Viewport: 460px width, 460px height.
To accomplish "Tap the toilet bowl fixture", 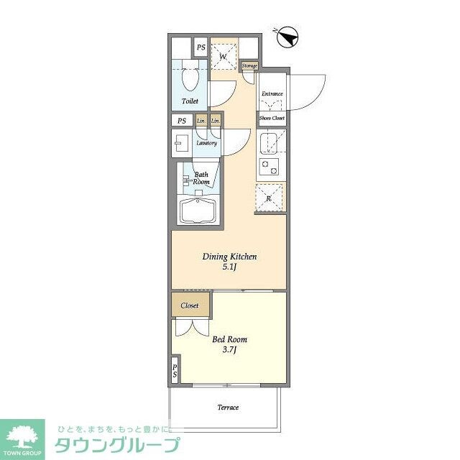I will coord(191,78).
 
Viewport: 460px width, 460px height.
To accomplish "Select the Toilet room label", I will coord(190,101).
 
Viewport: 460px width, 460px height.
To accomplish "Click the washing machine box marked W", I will coord(224,57).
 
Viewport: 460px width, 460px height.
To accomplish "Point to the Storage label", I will coord(249,65).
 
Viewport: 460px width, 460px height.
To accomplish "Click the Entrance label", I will coord(272,93).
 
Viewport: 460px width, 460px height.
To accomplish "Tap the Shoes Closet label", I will coord(272,117).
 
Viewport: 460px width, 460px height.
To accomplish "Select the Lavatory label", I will coord(207,142).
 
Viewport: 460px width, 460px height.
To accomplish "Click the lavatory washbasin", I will coord(180,142).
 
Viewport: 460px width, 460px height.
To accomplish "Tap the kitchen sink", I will coord(269,142).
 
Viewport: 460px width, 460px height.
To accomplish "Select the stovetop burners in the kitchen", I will coord(270,167).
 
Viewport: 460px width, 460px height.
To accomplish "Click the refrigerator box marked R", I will coord(270,198).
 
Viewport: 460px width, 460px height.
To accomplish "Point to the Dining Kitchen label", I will coord(229,257).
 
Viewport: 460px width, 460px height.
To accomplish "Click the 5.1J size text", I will coord(229,268).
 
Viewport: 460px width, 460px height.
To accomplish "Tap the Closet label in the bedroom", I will coord(190,305).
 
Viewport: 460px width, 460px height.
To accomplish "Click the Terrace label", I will coord(228,408).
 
